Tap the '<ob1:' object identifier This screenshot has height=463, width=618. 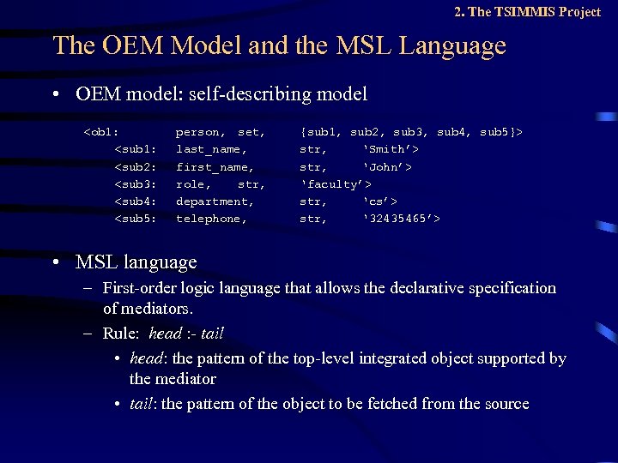pos(101,132)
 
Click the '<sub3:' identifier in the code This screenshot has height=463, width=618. pos(136,183)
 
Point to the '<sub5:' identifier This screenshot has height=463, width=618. pos(136,218)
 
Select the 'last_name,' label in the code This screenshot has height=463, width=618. pos(212,149)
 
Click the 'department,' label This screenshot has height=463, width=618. pos(215,201)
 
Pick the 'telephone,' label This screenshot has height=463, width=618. pos(211,218)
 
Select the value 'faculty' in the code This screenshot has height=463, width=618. pos(332,183)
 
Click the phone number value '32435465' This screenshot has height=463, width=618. pos(400,218)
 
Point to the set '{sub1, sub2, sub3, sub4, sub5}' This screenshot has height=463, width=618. pos(411,132)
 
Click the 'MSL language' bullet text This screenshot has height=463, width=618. pos(136,262)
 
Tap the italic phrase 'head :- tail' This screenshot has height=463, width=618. pos(186,333)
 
